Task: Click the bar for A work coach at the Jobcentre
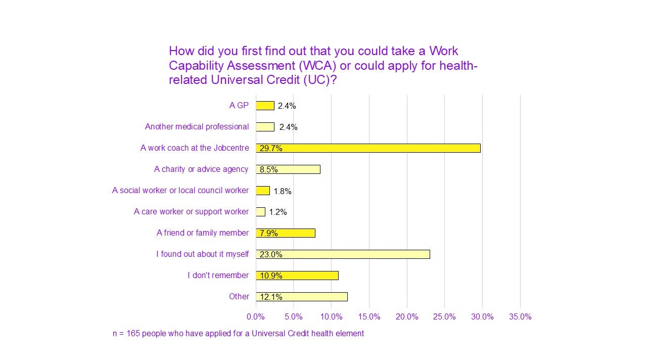click(x=368, y=148)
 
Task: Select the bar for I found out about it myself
click(x=343, y=254)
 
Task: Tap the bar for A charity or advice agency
click(x=288, y=169)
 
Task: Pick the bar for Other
click(x=302, y=297)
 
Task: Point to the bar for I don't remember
click(x=297, y=276)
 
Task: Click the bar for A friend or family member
click(x=286, y=233)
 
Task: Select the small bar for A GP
click(x=265, y=106)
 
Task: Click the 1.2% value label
click(x=278, y=212)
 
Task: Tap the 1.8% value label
click(x=283, y=191)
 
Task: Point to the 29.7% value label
click(x=271, y=149)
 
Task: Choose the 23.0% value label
click(x=271, y=255)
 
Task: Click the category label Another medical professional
click(x=197, y=127)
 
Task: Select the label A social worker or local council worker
click(x=180, y=191)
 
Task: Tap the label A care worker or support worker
click(x=191, y=212)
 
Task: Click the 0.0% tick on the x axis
click(x=256, y=317)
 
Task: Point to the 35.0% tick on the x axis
click(x=520, y=317)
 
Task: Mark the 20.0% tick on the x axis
click(x=407, y=317)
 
